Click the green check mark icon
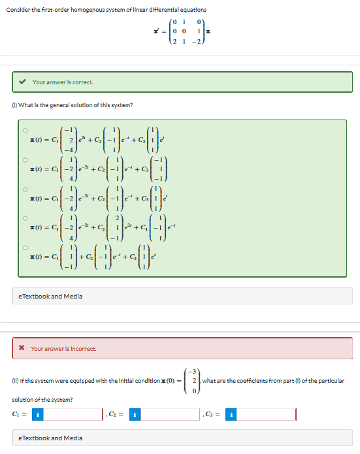point(23,82)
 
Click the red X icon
point(22,348)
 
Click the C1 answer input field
point(72,414)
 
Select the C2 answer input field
point(169,414)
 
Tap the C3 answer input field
point(265,414)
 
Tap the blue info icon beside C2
point(135,414)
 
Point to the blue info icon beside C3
point(231,414)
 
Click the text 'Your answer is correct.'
point(63,82)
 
